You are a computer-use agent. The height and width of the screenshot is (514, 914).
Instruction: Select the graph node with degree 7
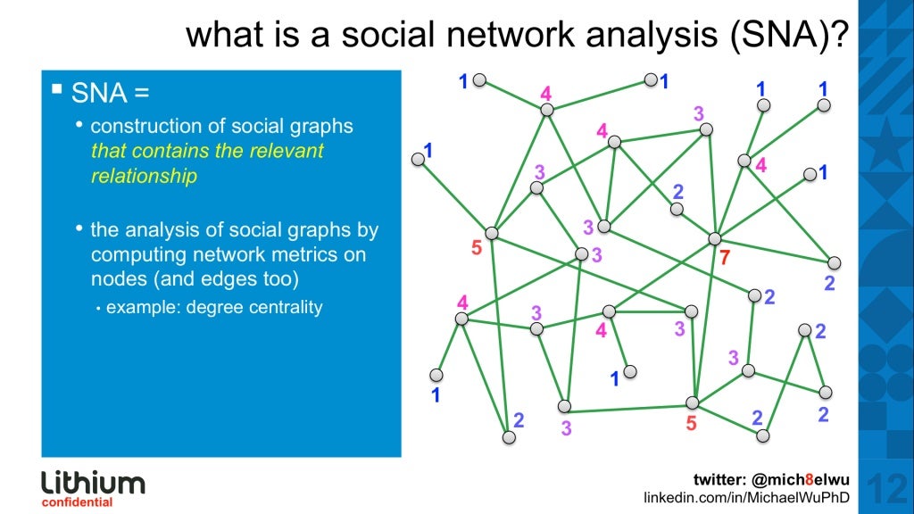click(714, 238)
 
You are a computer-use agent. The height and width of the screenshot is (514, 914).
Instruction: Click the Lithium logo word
click(93, 483)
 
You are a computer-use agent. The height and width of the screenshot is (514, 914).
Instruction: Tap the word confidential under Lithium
click(77, 502)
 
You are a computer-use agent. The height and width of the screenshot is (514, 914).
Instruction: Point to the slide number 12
click(885, 488)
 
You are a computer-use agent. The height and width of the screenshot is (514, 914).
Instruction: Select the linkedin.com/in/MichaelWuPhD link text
click(746, 496)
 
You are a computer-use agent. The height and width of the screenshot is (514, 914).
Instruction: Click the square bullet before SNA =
click(57, 89)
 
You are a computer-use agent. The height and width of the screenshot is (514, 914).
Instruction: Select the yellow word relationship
click(144, 177)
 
